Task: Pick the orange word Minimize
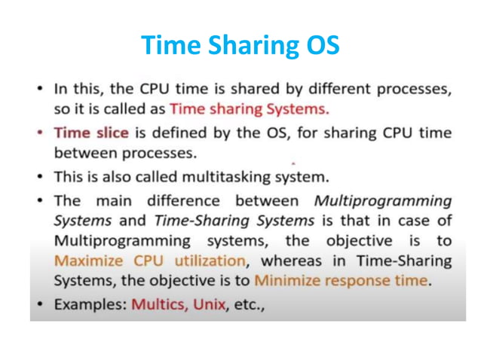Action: point(290,282)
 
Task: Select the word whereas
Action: point(295,262)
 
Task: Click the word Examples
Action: point(90,307)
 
